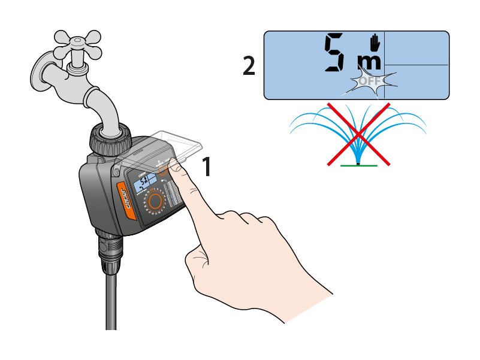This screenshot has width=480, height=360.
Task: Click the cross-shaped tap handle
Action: [77, 41]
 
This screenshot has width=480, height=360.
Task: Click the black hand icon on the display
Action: [375, 43]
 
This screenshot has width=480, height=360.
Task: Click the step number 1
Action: [206, 167]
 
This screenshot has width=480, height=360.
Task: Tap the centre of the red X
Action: [358, 133]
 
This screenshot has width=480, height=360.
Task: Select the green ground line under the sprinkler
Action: [359, 165]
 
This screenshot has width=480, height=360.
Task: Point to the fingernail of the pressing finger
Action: [175, 167]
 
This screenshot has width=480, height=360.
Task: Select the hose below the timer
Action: [111, 300]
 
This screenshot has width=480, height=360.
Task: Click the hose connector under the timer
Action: [110, 252]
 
